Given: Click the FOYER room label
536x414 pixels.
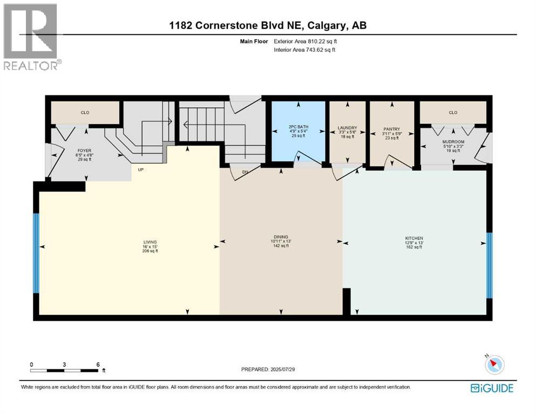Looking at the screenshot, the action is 84,150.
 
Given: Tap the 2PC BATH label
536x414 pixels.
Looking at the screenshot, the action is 298,127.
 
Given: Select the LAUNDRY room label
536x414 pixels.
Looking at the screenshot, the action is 347,128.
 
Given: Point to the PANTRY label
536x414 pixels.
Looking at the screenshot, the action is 392,129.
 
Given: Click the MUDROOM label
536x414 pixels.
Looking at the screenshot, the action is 453,142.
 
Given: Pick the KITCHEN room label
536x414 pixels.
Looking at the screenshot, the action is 414,238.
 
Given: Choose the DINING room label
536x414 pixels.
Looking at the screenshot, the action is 281,237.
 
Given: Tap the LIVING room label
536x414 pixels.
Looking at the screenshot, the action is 150,242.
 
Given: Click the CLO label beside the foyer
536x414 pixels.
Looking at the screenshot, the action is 85,113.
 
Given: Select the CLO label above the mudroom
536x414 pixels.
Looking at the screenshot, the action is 453,113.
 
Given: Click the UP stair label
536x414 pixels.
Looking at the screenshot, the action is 140,170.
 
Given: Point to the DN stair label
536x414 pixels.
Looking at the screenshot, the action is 245,172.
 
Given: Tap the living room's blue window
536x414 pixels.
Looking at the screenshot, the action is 36,253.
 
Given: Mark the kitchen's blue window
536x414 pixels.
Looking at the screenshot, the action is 490,266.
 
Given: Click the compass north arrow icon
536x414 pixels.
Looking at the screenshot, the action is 494,364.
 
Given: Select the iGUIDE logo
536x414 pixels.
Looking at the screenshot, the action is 492,388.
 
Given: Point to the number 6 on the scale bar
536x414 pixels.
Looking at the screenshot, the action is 98,364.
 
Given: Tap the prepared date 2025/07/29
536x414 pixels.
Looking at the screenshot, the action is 282,369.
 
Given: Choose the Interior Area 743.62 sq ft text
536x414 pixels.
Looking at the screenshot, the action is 304,50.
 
